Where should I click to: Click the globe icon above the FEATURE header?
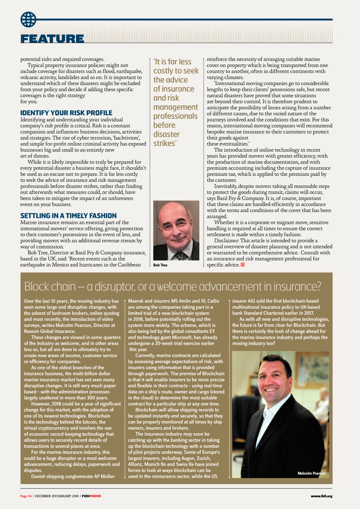28,19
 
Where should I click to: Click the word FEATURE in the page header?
52,39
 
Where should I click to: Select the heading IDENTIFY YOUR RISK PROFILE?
66,113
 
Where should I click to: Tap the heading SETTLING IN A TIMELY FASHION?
68,216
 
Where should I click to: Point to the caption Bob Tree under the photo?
160,265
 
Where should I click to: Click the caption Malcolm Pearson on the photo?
311,473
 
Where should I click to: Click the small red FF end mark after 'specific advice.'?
242,265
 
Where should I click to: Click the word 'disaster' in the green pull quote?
166,134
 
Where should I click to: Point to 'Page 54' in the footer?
26,496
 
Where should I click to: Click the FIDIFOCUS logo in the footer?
91,496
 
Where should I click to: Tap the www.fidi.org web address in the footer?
321,496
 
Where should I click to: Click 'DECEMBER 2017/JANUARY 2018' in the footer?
57,496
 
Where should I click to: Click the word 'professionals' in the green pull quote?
175,116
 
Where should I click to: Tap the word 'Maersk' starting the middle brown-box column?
136,301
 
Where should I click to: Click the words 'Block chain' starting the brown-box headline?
50,287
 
